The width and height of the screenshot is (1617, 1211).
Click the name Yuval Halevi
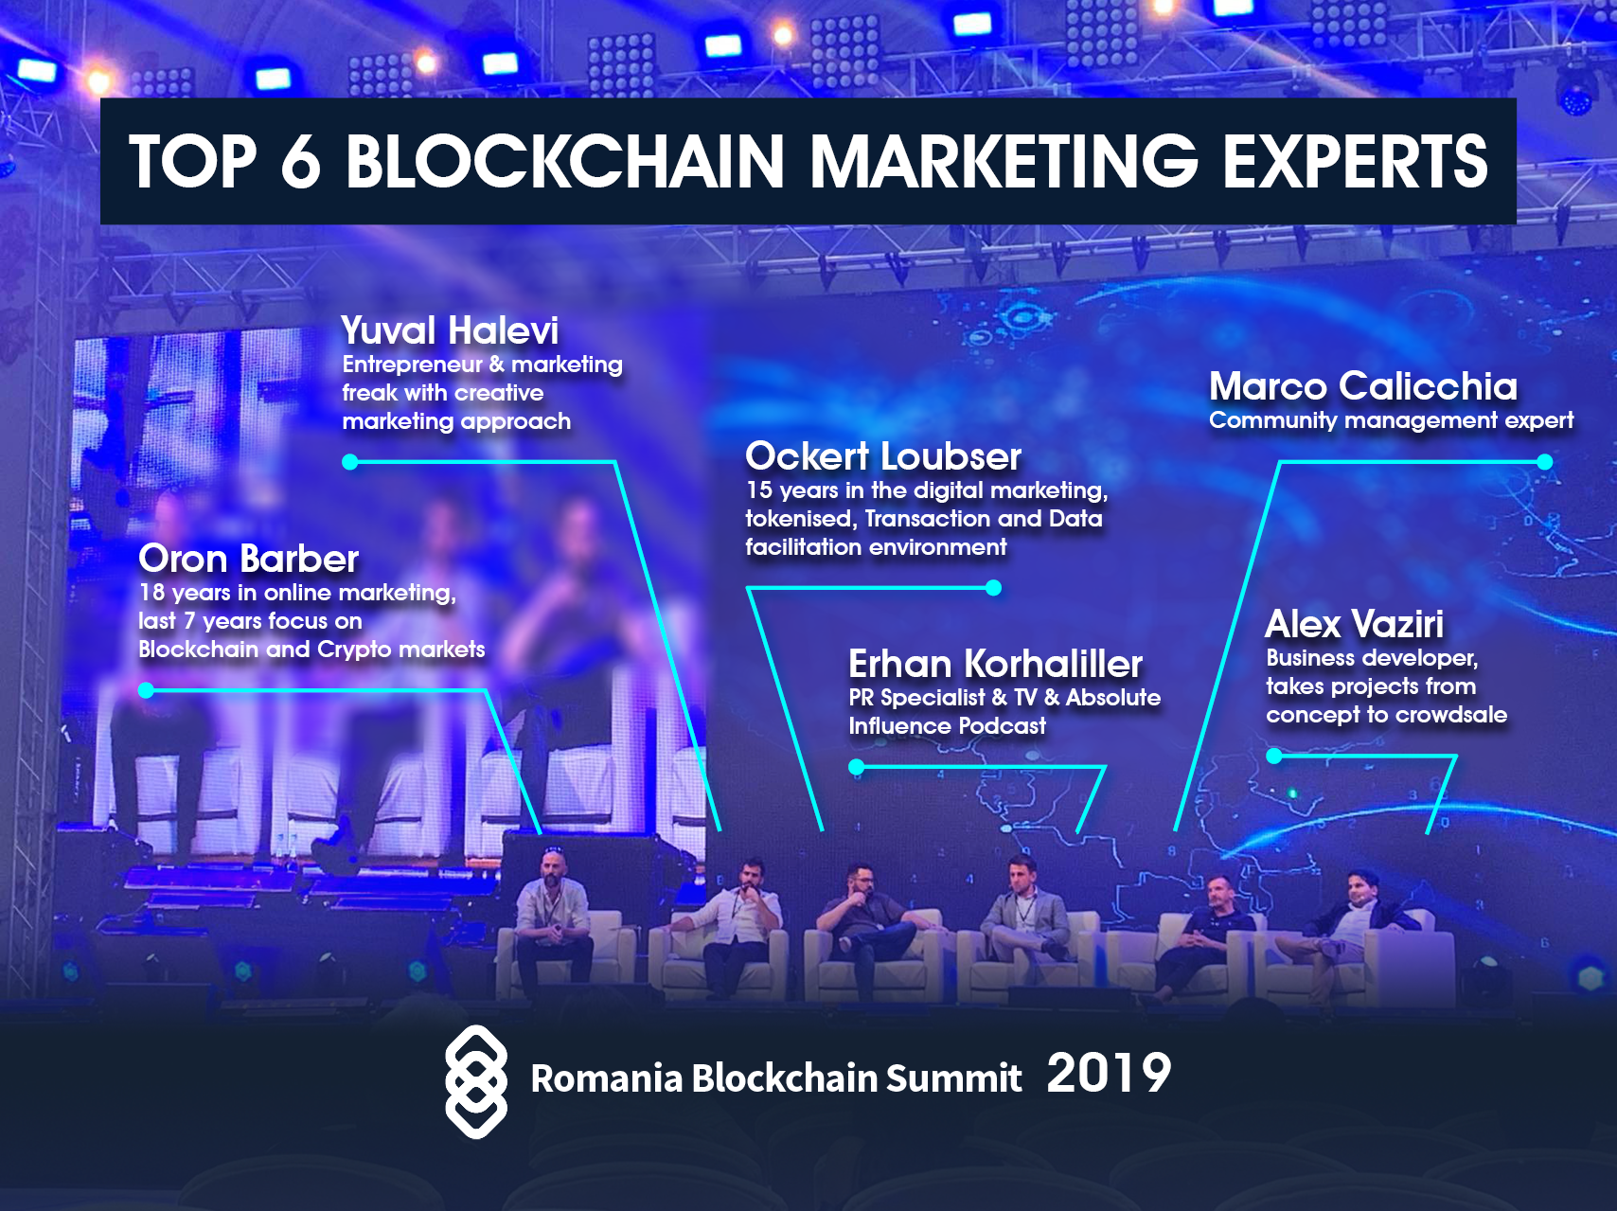pyautogui.click(x=450, y=331)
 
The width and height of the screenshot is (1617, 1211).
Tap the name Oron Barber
pyautogui.click(x=249, y=559)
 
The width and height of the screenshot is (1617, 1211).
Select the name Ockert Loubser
pyautogui.click(x=883, y=456)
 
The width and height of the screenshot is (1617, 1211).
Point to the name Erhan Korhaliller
pyautogui.click(x=995, y=664)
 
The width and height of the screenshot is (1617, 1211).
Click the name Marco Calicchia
pyautogui.click(x=1363, y=386)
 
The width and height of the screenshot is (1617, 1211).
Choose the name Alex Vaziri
pyautogui.click(x=1355, y=624)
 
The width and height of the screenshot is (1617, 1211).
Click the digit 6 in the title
pyautogui.click(x=301, y=161)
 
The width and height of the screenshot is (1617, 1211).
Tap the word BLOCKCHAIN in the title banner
pyautogui.click(x=564, y=161)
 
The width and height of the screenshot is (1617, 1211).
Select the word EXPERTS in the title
pyautogui.click(x=1355, y=161)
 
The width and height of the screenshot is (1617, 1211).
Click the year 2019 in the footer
pyautogui.click(x=1109, y=1073)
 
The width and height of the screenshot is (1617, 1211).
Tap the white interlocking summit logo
pyautogui.click(x=476, y=1081)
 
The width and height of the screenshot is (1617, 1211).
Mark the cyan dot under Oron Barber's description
pyautogui.click(x=146, y=690)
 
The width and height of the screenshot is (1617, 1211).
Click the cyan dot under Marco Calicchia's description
pyautogui.click(x=1545, y=462)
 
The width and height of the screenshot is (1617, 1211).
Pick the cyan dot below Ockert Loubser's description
pyautogui.click(x=993, y=588)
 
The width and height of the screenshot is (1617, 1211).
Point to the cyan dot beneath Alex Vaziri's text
pyautogui.click(x=1274, y=756)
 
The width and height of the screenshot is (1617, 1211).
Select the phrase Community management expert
pyautogui.click(x=1392, y=420)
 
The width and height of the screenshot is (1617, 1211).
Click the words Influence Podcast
pyautogui.click(x=948, y=726)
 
